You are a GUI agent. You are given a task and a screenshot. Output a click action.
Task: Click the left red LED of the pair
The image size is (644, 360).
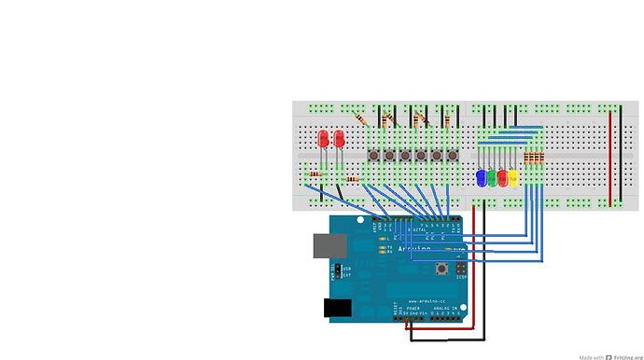pos(323,139)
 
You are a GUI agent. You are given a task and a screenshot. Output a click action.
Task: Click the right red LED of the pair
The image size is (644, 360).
pos(338,139)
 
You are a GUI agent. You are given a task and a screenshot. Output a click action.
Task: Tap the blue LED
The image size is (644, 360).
pos(481,177)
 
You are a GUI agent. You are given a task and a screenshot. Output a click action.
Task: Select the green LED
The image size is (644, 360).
pos(492,177)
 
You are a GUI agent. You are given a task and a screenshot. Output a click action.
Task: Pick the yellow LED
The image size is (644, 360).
pos(512,177)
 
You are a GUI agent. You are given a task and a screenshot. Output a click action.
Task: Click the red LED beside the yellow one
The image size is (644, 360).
pos(502,177)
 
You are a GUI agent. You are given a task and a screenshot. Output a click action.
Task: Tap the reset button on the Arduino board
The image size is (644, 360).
pos(441,270)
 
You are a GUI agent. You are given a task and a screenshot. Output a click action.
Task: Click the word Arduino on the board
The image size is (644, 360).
pos(415,249)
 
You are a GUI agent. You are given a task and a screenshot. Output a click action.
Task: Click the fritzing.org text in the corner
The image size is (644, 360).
pos(626,356)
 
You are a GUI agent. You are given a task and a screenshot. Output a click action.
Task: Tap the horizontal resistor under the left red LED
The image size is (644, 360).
pos(315,173)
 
